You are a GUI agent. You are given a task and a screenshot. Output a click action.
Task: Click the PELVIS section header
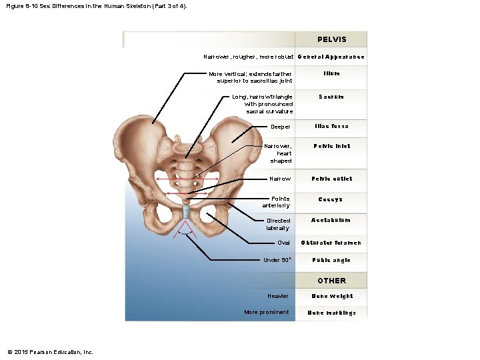pyautogui.click(x=331, y=40)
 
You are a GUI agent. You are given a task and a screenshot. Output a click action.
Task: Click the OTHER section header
pyautogui.click(x=331, y=281)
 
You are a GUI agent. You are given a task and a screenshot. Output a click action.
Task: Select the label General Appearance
pyautogui.click(x=331, y=57)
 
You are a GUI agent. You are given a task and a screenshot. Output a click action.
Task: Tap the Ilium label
pyautogui.click(x=331, y=74)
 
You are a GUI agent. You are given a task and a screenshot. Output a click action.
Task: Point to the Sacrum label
pyautogui.click(x=331, y=97)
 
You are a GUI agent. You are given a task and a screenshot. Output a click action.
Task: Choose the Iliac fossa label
pyautogui.click(x=331, y=126)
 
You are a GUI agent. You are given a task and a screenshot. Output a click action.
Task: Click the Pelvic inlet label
pyautogui.click(x=331, y=146)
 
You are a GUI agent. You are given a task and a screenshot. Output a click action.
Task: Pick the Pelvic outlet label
pyautogui.click(x=331, y=179)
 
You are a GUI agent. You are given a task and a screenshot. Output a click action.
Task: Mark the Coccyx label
pyautogui.click(x=331, y=199)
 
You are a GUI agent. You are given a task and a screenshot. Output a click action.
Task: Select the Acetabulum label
pyautogui.click(x=331, y=220)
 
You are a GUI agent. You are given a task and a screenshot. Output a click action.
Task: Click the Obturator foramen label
pyautogui.click(x=331, y=243)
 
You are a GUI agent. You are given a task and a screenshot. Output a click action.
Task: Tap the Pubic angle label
pyautogui.click(x=331, y=260)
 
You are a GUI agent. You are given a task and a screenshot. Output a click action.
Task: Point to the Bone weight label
pyautogui.click(x=331, y=296)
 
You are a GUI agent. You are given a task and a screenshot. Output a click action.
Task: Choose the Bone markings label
pyautogui.click(x=331, y=312)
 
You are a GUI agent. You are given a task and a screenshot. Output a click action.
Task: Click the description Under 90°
pyautogui.click(x=277, y=260)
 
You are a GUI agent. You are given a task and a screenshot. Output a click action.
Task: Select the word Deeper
pyautogui.click(x=281, y=127)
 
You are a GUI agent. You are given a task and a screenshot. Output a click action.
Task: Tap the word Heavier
pyautogui.click(x=278, y=296)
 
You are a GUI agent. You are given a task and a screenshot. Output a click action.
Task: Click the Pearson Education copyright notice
pyautogui.click(x=50, y=352)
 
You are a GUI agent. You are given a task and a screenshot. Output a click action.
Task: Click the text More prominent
pyautogui.click(x=267, y=312)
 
